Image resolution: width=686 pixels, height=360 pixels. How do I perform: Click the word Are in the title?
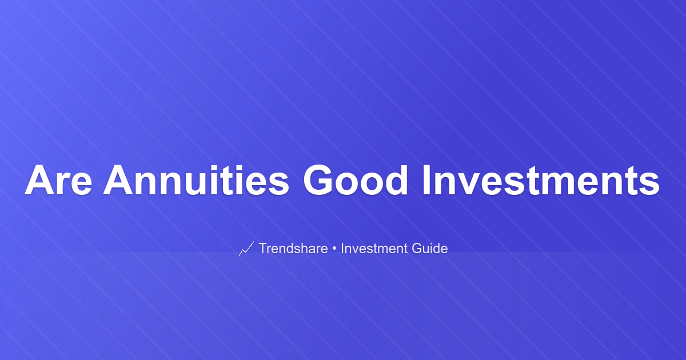click(x=58, y=180)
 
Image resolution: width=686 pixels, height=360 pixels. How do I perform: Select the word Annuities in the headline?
click(x=196, y=180)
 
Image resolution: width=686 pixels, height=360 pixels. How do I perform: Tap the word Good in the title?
click(x=355, y=180)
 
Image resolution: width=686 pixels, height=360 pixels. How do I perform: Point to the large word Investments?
click(x=541, y=180)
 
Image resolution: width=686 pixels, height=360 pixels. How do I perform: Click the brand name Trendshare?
click(x=293, y=248)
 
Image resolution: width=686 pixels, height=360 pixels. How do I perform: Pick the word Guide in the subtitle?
click(x=430, y=248)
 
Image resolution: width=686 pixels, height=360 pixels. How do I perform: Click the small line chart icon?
click(x=246, y=249)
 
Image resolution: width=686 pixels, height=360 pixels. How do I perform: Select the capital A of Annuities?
click(x=118, y=180)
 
